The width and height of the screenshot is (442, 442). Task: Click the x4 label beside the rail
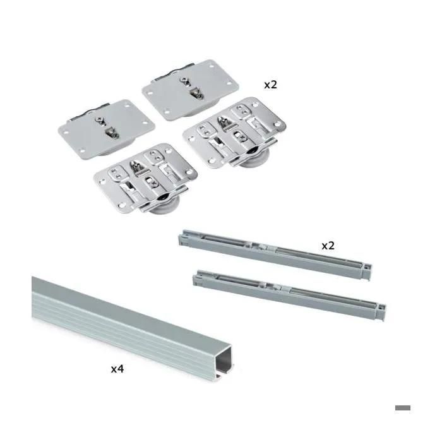point(117,369)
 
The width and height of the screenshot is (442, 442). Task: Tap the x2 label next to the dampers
point(328,246)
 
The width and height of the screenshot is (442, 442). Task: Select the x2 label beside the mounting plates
point(271,85)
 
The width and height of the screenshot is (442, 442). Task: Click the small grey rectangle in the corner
point(403,408)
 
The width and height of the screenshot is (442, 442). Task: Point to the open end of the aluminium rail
point(224,363)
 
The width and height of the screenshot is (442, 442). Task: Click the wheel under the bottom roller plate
point(164,206)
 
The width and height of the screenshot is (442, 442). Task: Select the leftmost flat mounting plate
point(107,129)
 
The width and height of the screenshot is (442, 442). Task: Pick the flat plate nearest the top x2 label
point(190,90)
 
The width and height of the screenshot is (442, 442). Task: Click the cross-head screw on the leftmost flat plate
point(100,121)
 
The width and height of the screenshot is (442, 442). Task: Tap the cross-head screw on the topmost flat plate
point(185,81)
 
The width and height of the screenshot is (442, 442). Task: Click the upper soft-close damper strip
point(275,254)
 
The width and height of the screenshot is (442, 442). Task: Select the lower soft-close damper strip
point(289,295)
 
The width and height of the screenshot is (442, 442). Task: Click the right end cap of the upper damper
point(366,272)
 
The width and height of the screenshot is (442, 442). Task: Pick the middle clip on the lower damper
point(274,287)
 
